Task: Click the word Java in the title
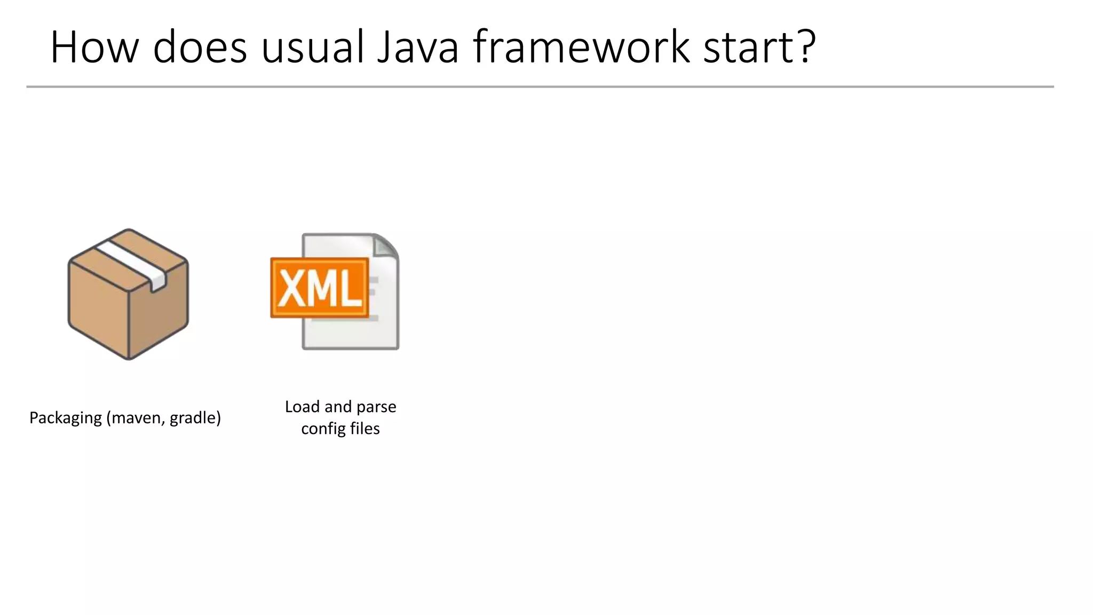(417, 48)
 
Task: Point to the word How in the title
(94, 48)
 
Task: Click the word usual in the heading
(312, 48)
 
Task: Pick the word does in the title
(200, 48)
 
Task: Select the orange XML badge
(319, 288)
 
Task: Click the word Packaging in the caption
(65, 418)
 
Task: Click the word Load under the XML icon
(302, 407)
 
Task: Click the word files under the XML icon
(365, 429)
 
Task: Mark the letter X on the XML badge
(291, 289)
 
